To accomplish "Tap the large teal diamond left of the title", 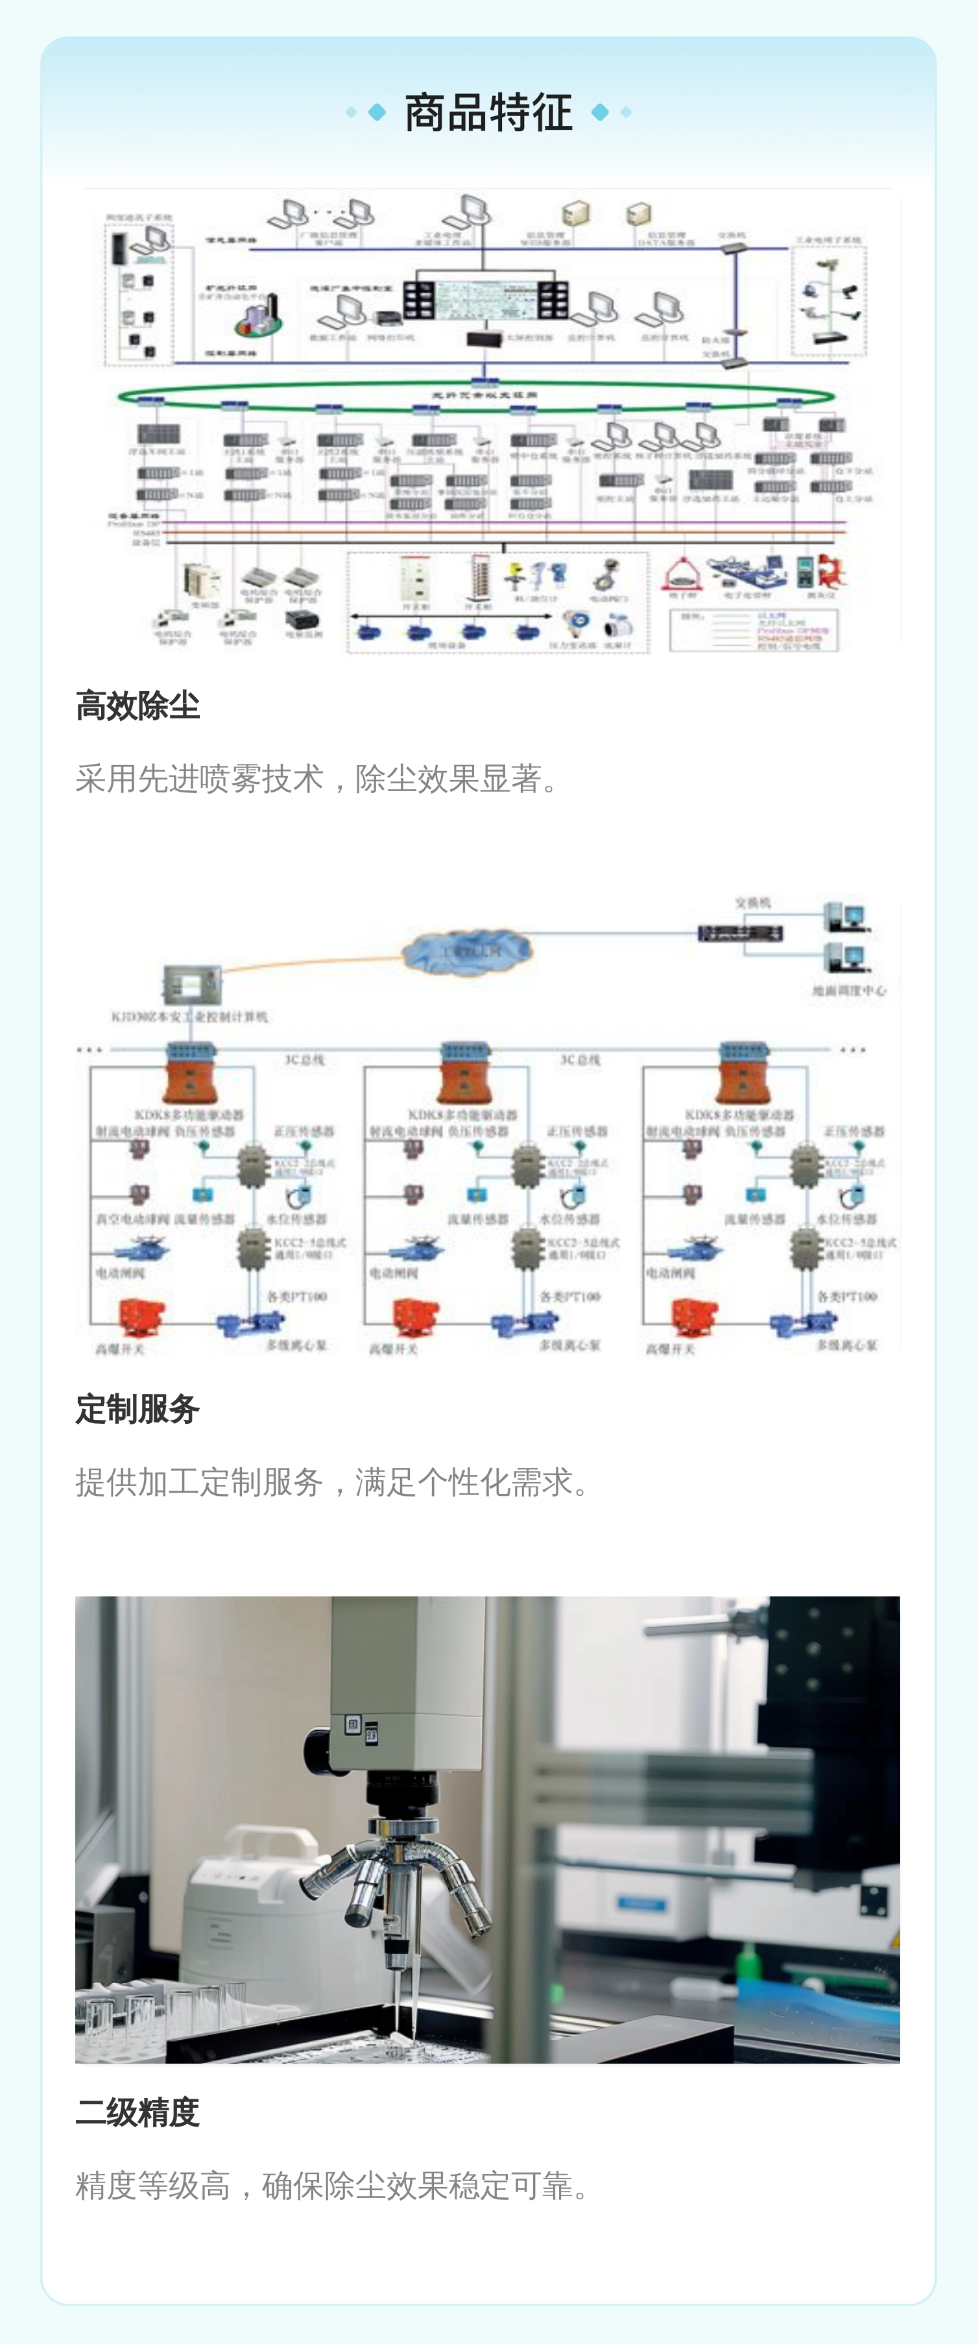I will tap(377, 112).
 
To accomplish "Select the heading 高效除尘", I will tap(137, 706).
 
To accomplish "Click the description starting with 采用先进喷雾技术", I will tap(319, 779).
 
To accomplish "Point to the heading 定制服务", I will tap(137, 1410).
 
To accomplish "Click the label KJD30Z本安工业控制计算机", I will tap(189, 1016).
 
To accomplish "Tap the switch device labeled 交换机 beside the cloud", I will tap(739, 933).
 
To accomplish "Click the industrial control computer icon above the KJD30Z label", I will tap(192, 983).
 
